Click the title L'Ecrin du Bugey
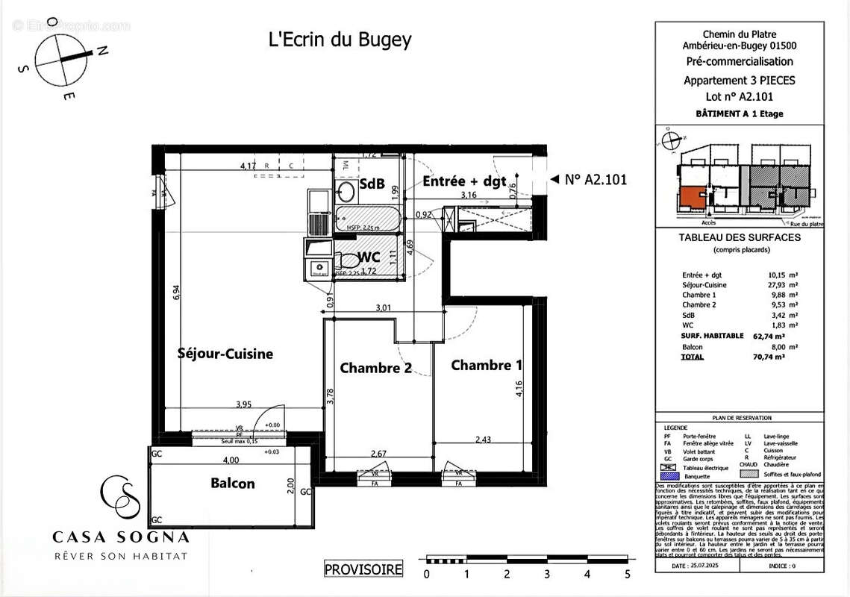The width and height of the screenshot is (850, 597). tap(340, 40)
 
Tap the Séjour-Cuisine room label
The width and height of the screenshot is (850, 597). tap(225, 354)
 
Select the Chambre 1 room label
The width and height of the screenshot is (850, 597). tap(487, 365)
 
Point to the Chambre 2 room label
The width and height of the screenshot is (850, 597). tap(375, 368)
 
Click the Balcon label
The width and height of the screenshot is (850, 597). tap(232, 484)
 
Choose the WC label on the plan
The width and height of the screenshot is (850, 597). tap(369, 257)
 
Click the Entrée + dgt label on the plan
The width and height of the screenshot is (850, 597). tap(464, 181)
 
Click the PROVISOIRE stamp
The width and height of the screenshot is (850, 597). tap(363, 569)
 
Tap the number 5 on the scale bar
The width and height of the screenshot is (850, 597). tap(627, 575)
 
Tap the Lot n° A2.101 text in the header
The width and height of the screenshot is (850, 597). tap(739, 96)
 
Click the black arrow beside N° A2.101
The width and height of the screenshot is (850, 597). tap(554, 179)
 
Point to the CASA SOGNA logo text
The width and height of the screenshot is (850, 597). tap(120, 537)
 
